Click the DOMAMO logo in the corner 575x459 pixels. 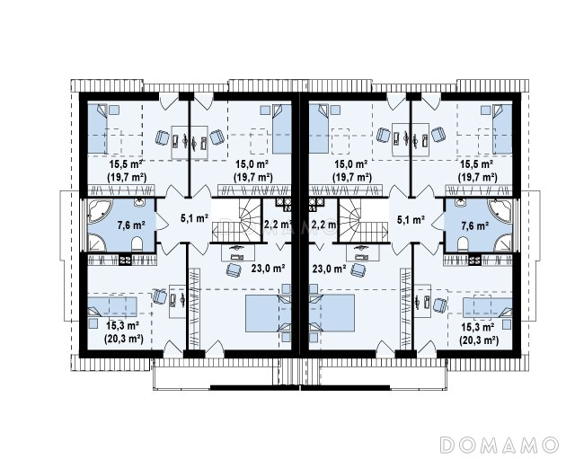(500, 445)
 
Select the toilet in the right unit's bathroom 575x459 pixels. (463, 244)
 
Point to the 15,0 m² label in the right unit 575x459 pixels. (351, 163)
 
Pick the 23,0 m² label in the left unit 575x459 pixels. (268, 269)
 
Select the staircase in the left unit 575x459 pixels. (236, 220)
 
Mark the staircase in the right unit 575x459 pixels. (363, 220)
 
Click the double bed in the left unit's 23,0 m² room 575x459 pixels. (268, 313)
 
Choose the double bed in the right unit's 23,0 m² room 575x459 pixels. (332, 313)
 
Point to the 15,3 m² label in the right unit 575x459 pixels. (478, 327)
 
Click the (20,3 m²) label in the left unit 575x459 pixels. (124, 340)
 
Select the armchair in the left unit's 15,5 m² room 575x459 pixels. (163, 137)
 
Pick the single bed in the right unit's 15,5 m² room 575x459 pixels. (502, 129)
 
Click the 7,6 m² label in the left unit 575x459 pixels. (131, 225)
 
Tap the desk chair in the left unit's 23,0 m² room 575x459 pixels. (234, 270)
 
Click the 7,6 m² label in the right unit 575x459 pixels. (474, 225)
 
